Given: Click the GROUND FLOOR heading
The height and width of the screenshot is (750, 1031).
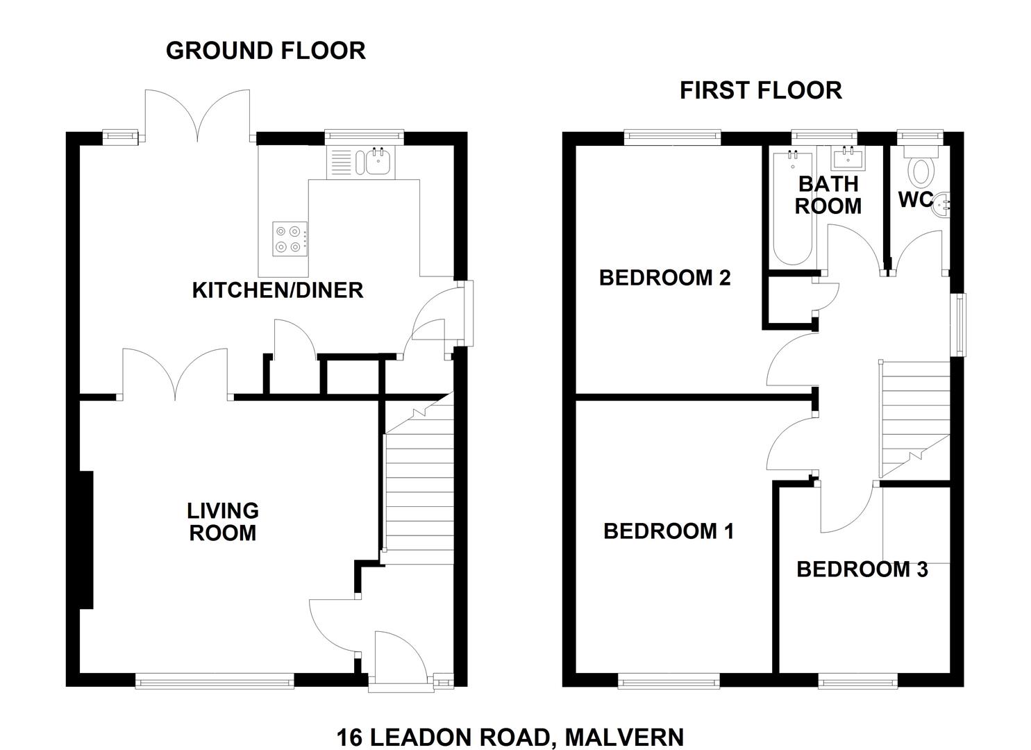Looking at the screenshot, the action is coord(266,51).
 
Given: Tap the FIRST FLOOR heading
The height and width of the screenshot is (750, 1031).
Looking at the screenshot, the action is coord(761,90).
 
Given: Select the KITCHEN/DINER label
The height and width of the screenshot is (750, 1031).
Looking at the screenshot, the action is coord(278,290).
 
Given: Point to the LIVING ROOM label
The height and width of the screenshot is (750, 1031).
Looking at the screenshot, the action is coord(223,522).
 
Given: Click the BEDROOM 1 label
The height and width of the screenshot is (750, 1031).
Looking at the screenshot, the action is coord(669,531).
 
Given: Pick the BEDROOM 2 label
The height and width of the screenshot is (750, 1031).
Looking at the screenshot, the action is coord(664,278).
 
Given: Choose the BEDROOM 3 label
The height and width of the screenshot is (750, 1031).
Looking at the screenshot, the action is coord(862,569).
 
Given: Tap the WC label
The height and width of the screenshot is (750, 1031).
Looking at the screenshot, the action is coord(916,199).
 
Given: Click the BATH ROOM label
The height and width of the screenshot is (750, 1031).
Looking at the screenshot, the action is coord(828,195).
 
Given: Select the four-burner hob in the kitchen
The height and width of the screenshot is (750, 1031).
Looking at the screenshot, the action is coord(290,239).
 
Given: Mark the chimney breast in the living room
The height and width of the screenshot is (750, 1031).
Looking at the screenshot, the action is coord(87,540).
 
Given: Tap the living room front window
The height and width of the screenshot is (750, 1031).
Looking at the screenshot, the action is coord(215,681).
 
